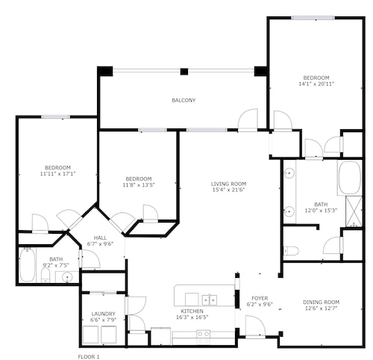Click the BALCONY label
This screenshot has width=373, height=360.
[184, 100]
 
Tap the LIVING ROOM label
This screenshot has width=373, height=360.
[228, 184]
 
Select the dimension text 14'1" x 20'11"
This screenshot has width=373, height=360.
[316, 84]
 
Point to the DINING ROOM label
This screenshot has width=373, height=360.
[321, 302]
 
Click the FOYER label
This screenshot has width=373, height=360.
[260, 298]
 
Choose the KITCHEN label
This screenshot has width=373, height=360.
[192, 311]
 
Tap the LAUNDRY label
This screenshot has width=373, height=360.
[103, 314]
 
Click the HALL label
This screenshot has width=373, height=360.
[100, 238]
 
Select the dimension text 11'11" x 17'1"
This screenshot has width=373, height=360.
[57, 173]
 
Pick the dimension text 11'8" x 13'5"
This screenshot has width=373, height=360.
[139, 185]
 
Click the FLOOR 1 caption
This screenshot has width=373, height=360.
[89, 357]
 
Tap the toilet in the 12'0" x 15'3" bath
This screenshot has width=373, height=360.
[291, 251]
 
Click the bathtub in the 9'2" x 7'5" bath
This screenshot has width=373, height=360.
[27, 265]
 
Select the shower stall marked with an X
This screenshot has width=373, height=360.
[354, 211]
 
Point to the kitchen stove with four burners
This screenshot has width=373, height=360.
[204, 337]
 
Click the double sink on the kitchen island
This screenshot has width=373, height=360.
[210, 300]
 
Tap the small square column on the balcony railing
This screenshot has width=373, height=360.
[184, 72]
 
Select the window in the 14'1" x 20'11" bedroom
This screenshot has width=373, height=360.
[313, 18]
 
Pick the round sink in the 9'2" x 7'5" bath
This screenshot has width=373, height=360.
[66, 276]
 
